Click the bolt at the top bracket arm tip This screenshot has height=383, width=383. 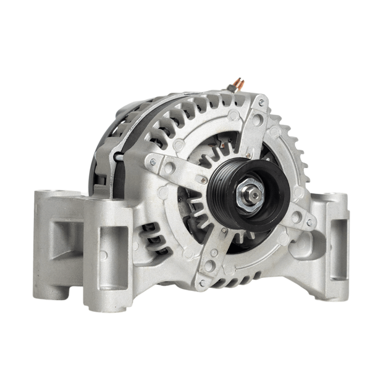(262, 103)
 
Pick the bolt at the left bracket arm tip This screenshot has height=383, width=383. (153, 162)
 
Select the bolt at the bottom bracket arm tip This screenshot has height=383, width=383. (201, 282)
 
